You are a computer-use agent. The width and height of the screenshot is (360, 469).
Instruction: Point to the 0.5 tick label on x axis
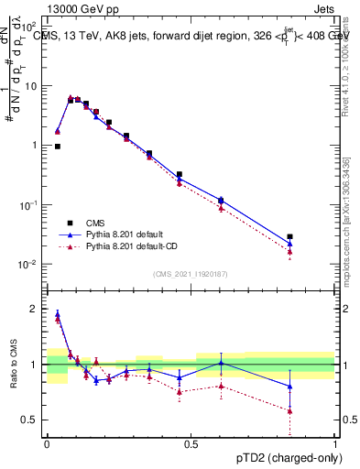tap(191, 443)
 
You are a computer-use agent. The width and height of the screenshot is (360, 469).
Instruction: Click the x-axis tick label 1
tap(335, 443)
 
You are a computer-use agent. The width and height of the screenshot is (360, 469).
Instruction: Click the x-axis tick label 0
tap(47, 443)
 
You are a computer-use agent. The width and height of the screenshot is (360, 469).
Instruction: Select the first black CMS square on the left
tap(58, 146)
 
